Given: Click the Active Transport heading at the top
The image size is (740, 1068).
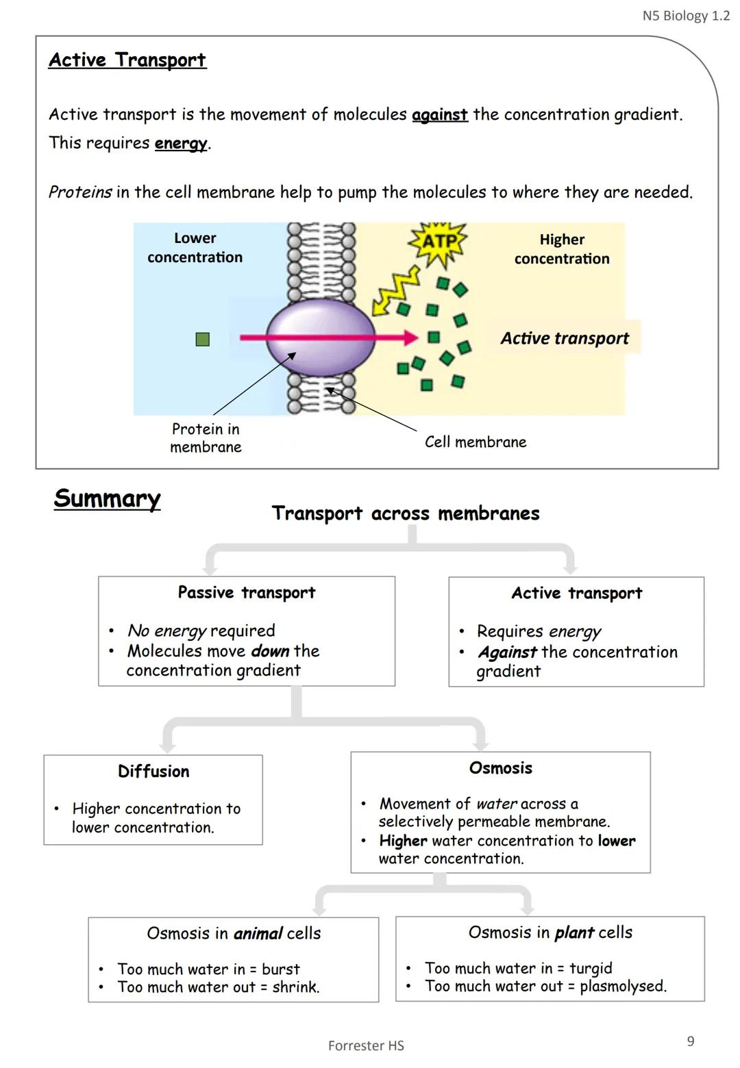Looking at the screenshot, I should pos(127,60).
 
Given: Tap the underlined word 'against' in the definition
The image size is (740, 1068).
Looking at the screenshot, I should pos(439,114).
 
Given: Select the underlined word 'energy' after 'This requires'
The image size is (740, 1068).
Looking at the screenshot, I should pos(181,143).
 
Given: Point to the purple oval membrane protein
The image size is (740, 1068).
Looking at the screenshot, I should pos(321,336).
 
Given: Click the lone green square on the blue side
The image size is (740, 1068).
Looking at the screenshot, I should pos(202,339).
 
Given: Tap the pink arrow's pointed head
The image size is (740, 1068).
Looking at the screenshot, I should pos(411,337).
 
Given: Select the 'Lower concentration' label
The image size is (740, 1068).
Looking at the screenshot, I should pos(195,248).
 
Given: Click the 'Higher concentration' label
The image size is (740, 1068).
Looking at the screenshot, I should pos(562,249).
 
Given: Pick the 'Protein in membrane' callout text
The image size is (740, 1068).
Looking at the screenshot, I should pos(206,438).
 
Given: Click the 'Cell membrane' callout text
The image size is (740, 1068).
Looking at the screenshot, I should pos(476,442).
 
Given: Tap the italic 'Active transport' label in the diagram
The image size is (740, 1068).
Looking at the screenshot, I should pos(564,338).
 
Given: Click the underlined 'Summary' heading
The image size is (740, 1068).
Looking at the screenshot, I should pos(107,498).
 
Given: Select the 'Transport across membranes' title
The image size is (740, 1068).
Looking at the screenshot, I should pos(406,513).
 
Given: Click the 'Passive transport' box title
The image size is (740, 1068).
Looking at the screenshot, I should pos(247,592).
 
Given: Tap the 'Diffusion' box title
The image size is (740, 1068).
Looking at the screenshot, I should pos(153,772).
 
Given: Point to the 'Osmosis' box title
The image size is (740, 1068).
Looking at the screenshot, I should pos(500,768).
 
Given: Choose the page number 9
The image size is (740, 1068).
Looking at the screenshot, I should pos(691,1041).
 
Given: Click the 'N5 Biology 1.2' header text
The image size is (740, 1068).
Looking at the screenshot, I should pos(686,16).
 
